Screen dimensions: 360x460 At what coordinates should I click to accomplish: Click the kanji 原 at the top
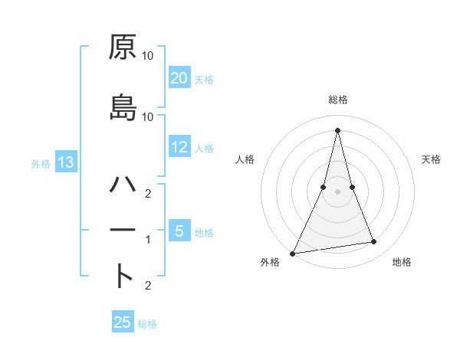click(x=123, y=47)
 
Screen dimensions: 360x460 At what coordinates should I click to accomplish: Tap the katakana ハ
click(x=123, y=185)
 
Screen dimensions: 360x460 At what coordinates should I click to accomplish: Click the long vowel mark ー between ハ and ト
click(x=123, y=230)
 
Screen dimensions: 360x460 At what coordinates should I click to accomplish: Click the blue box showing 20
click(x=179, y=78)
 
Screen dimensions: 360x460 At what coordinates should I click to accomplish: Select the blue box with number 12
click(x=179, y=147)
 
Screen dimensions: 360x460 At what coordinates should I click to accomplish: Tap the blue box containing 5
click(x=179, y=231)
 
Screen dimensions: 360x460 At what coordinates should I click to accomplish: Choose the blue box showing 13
click(x=65, y=162)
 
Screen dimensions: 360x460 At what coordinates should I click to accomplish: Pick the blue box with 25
click(x=123, y=322)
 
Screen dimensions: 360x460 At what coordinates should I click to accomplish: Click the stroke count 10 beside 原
click(x=148, y=56)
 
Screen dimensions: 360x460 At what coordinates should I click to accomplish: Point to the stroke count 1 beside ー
click(x=148, y=240)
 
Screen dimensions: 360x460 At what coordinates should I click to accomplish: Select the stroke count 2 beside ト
click(x=148, y=286)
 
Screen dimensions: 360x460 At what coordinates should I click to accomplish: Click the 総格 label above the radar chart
click(x=337, y=100)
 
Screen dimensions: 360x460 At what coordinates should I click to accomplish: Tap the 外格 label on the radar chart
click(x=270, y=263)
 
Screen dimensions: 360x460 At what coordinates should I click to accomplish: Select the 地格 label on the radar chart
click(x=402, y=263)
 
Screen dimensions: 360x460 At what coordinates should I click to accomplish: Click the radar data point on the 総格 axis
click(x=337, y=129)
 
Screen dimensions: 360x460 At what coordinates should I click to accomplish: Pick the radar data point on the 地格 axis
click(x=374, y=242)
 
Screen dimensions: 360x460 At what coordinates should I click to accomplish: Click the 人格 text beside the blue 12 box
click(x=204, y=149)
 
